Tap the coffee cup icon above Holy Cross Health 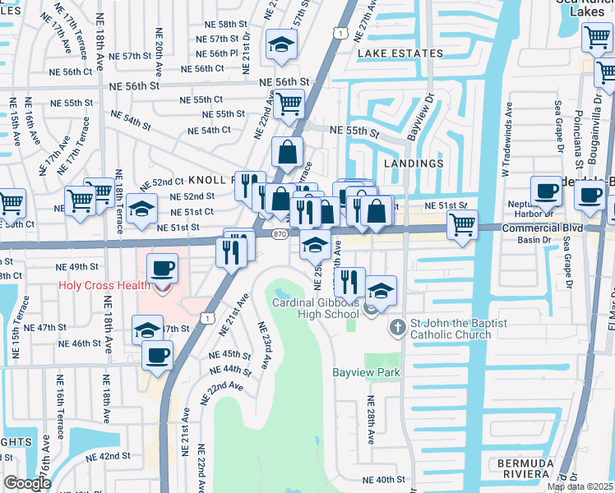[x=162, y=268]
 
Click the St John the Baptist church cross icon [x=396, y=327]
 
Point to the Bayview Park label [x=366, y=372]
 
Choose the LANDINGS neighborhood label [x=414, y=164]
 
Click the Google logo [x=28, y=482]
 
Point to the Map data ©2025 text [x=580, y=486]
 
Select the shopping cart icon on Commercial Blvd [x=463, y=224]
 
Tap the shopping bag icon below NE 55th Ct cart [x=288, y=152]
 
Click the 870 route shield [x=280, y=233]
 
